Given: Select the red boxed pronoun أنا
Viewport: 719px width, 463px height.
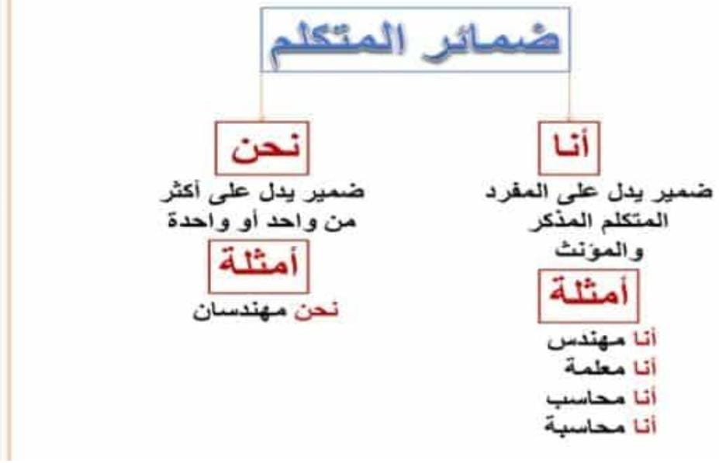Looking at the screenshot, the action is (x=569, y=147).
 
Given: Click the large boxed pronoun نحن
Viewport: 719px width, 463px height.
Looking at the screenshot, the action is (x=262, y=147).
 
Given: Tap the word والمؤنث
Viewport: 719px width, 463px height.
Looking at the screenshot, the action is (x=599, y=251).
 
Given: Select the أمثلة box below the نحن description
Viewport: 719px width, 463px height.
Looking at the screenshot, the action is (x=258, y=266).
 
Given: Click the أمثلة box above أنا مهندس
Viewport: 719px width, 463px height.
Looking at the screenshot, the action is (x=589, y=296).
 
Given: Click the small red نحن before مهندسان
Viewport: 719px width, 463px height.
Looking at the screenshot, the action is (x=316, y=311).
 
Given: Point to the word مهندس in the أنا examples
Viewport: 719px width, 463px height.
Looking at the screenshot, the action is (x=586, y=340).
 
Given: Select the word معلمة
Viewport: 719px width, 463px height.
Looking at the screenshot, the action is (x=595, y=368).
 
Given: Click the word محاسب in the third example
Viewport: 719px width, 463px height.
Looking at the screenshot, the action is (x=586, y=398).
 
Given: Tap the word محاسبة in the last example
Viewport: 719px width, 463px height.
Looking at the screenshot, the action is (x=585, y=427).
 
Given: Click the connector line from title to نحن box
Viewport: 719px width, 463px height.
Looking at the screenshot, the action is (x=261, y=96).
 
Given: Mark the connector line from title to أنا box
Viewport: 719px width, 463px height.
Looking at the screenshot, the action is (x=569, y=96).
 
